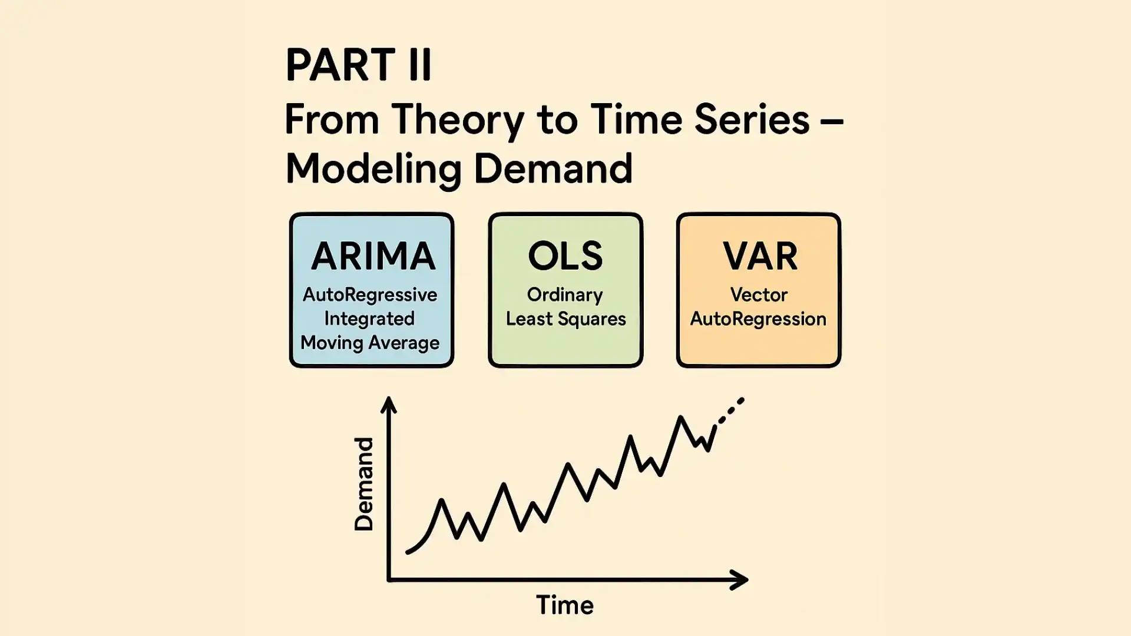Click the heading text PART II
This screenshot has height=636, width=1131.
(359, 64)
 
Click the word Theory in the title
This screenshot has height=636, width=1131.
(458, 121)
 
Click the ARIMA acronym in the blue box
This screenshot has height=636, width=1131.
(373, 256)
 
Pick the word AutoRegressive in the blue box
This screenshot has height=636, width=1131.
(370, 294)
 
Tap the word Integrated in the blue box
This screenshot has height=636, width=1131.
(369, 319)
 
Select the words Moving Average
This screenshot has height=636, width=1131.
(370, 343)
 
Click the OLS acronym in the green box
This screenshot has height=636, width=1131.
(565, 256)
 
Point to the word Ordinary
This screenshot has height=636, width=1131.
(565, 296)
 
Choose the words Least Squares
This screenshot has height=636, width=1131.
(566, 320)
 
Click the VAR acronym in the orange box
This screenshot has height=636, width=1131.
(760, 256)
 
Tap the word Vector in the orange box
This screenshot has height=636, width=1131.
(759, 294)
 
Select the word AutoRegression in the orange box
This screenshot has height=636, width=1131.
(758, 319)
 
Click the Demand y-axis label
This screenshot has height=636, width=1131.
(363, 484)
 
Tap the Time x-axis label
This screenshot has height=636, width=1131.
(565, 605)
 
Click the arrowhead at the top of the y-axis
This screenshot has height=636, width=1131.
(389, 405)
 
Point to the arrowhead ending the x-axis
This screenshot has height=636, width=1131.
(739, 580)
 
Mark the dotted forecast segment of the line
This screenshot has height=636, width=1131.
(730, 410)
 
